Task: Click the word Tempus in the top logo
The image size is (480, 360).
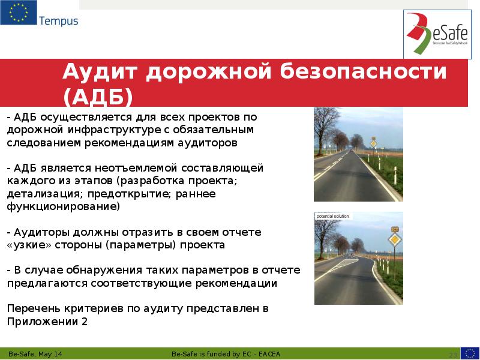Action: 58,21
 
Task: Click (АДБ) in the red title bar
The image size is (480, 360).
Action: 97,97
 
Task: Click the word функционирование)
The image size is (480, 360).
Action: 63,206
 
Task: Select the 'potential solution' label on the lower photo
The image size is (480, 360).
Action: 332,216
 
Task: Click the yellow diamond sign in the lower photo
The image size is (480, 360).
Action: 394,241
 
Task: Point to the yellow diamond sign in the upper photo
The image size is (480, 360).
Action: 373,143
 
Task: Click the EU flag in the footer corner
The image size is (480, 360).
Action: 470,353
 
